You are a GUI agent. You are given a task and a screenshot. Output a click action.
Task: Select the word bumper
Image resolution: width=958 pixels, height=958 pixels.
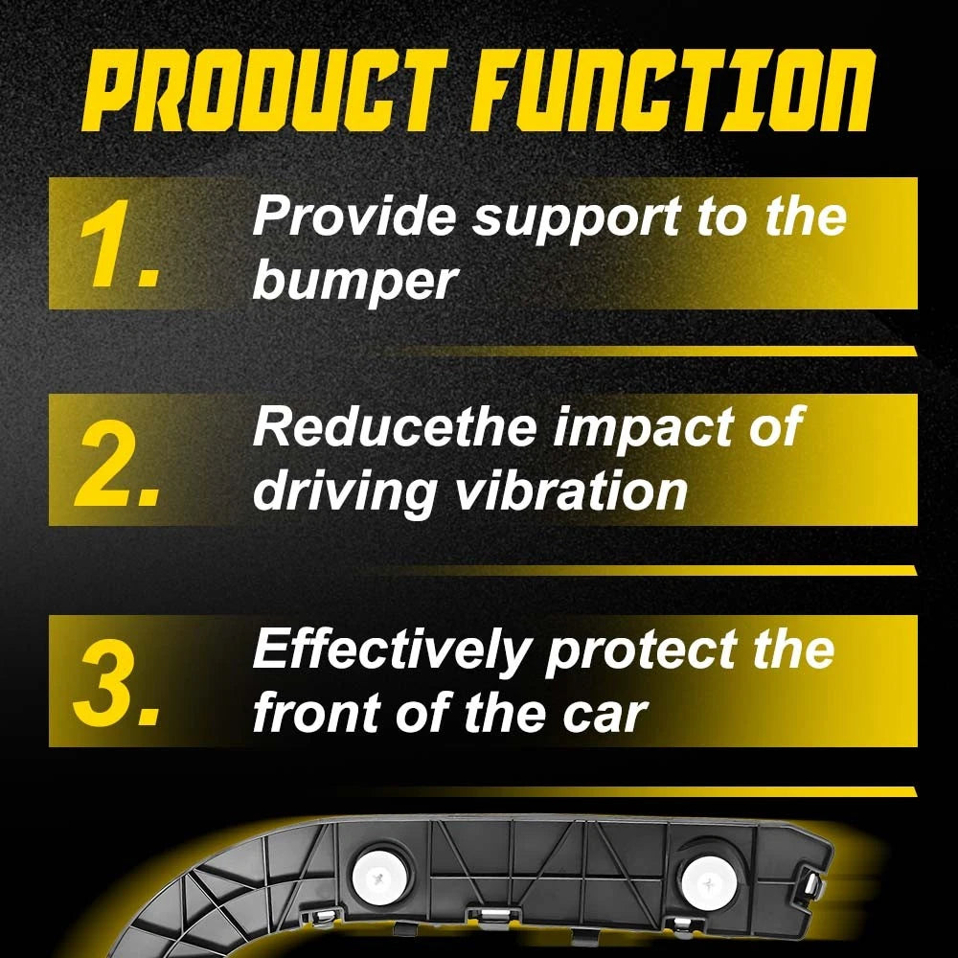pos(354,282)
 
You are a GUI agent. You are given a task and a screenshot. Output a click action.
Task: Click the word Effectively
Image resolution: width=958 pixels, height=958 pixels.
pos(390,650)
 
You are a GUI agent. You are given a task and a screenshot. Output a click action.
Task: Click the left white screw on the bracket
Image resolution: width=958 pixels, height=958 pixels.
pos(382,878)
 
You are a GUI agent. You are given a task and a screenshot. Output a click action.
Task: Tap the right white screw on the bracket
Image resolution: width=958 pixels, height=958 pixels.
pos(709,883)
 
